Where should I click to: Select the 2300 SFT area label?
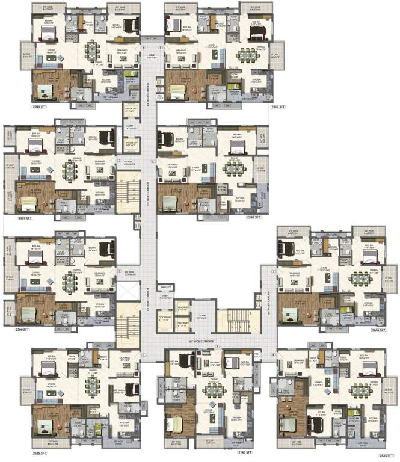[x=252, y=217]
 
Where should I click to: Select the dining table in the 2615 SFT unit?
[x=247, y=54]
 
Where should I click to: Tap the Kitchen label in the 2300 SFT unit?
[x=239, y=197]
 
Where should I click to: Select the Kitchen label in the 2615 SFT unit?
[x=256, y=79]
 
